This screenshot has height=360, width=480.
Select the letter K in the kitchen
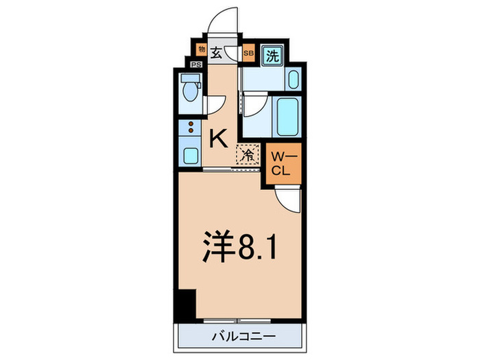[217, 139]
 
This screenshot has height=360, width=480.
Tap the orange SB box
[248, 52]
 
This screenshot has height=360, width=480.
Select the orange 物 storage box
[201, 49]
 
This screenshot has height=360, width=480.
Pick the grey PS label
[197, 65]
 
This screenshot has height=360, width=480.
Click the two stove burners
[191, 127]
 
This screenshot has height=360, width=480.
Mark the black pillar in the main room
[184, 302]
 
